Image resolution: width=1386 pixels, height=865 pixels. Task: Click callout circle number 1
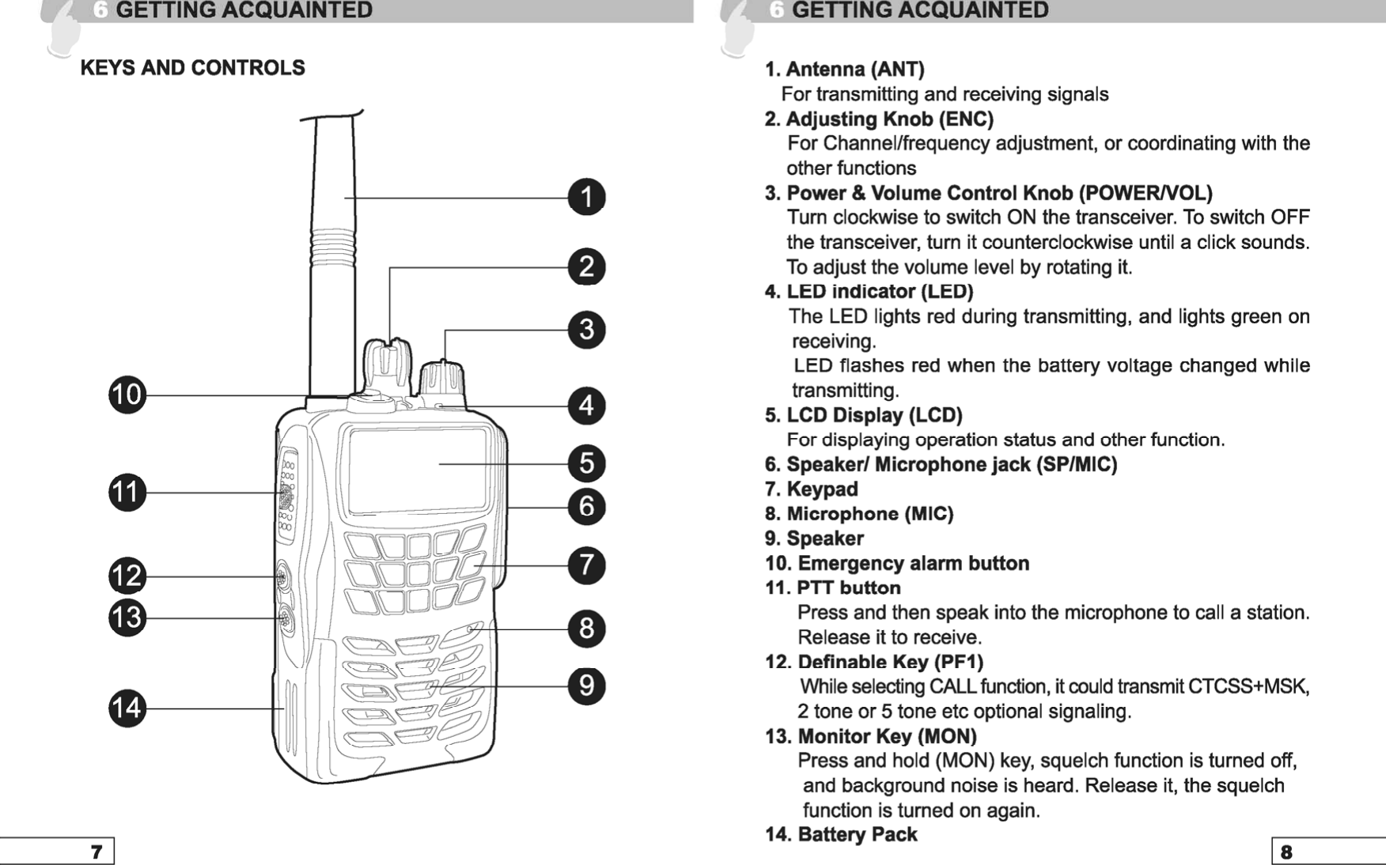(586, 197)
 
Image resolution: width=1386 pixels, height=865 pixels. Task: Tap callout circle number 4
(586, 406)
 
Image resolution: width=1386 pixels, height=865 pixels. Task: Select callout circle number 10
(127, 395)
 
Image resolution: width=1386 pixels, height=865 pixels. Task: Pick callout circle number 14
(127, 708)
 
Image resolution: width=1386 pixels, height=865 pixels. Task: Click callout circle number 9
(586, 686)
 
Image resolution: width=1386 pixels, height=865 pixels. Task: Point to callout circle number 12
(127, 576)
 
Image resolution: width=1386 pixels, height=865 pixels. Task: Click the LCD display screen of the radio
(417, 470)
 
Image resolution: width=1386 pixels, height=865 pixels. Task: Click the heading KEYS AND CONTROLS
(192, 68)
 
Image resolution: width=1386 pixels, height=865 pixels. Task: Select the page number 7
(97, 852)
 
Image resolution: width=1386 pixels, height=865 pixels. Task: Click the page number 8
(1286, 852)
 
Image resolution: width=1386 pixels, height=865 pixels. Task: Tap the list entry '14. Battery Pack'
(841, 834)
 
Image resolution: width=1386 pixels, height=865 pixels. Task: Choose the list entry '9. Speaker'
(814, 538)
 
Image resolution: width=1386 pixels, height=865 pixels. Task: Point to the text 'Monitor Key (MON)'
(887, 736)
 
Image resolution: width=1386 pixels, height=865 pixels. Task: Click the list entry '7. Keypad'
(811, 489)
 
